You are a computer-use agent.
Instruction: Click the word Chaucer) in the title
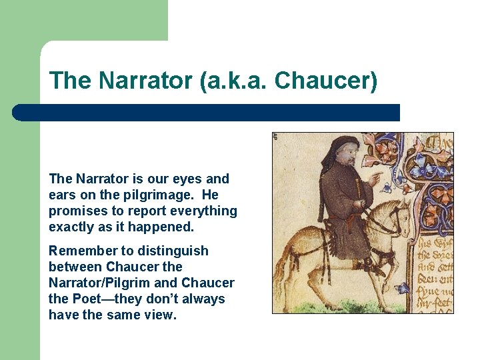click(326, 81)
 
